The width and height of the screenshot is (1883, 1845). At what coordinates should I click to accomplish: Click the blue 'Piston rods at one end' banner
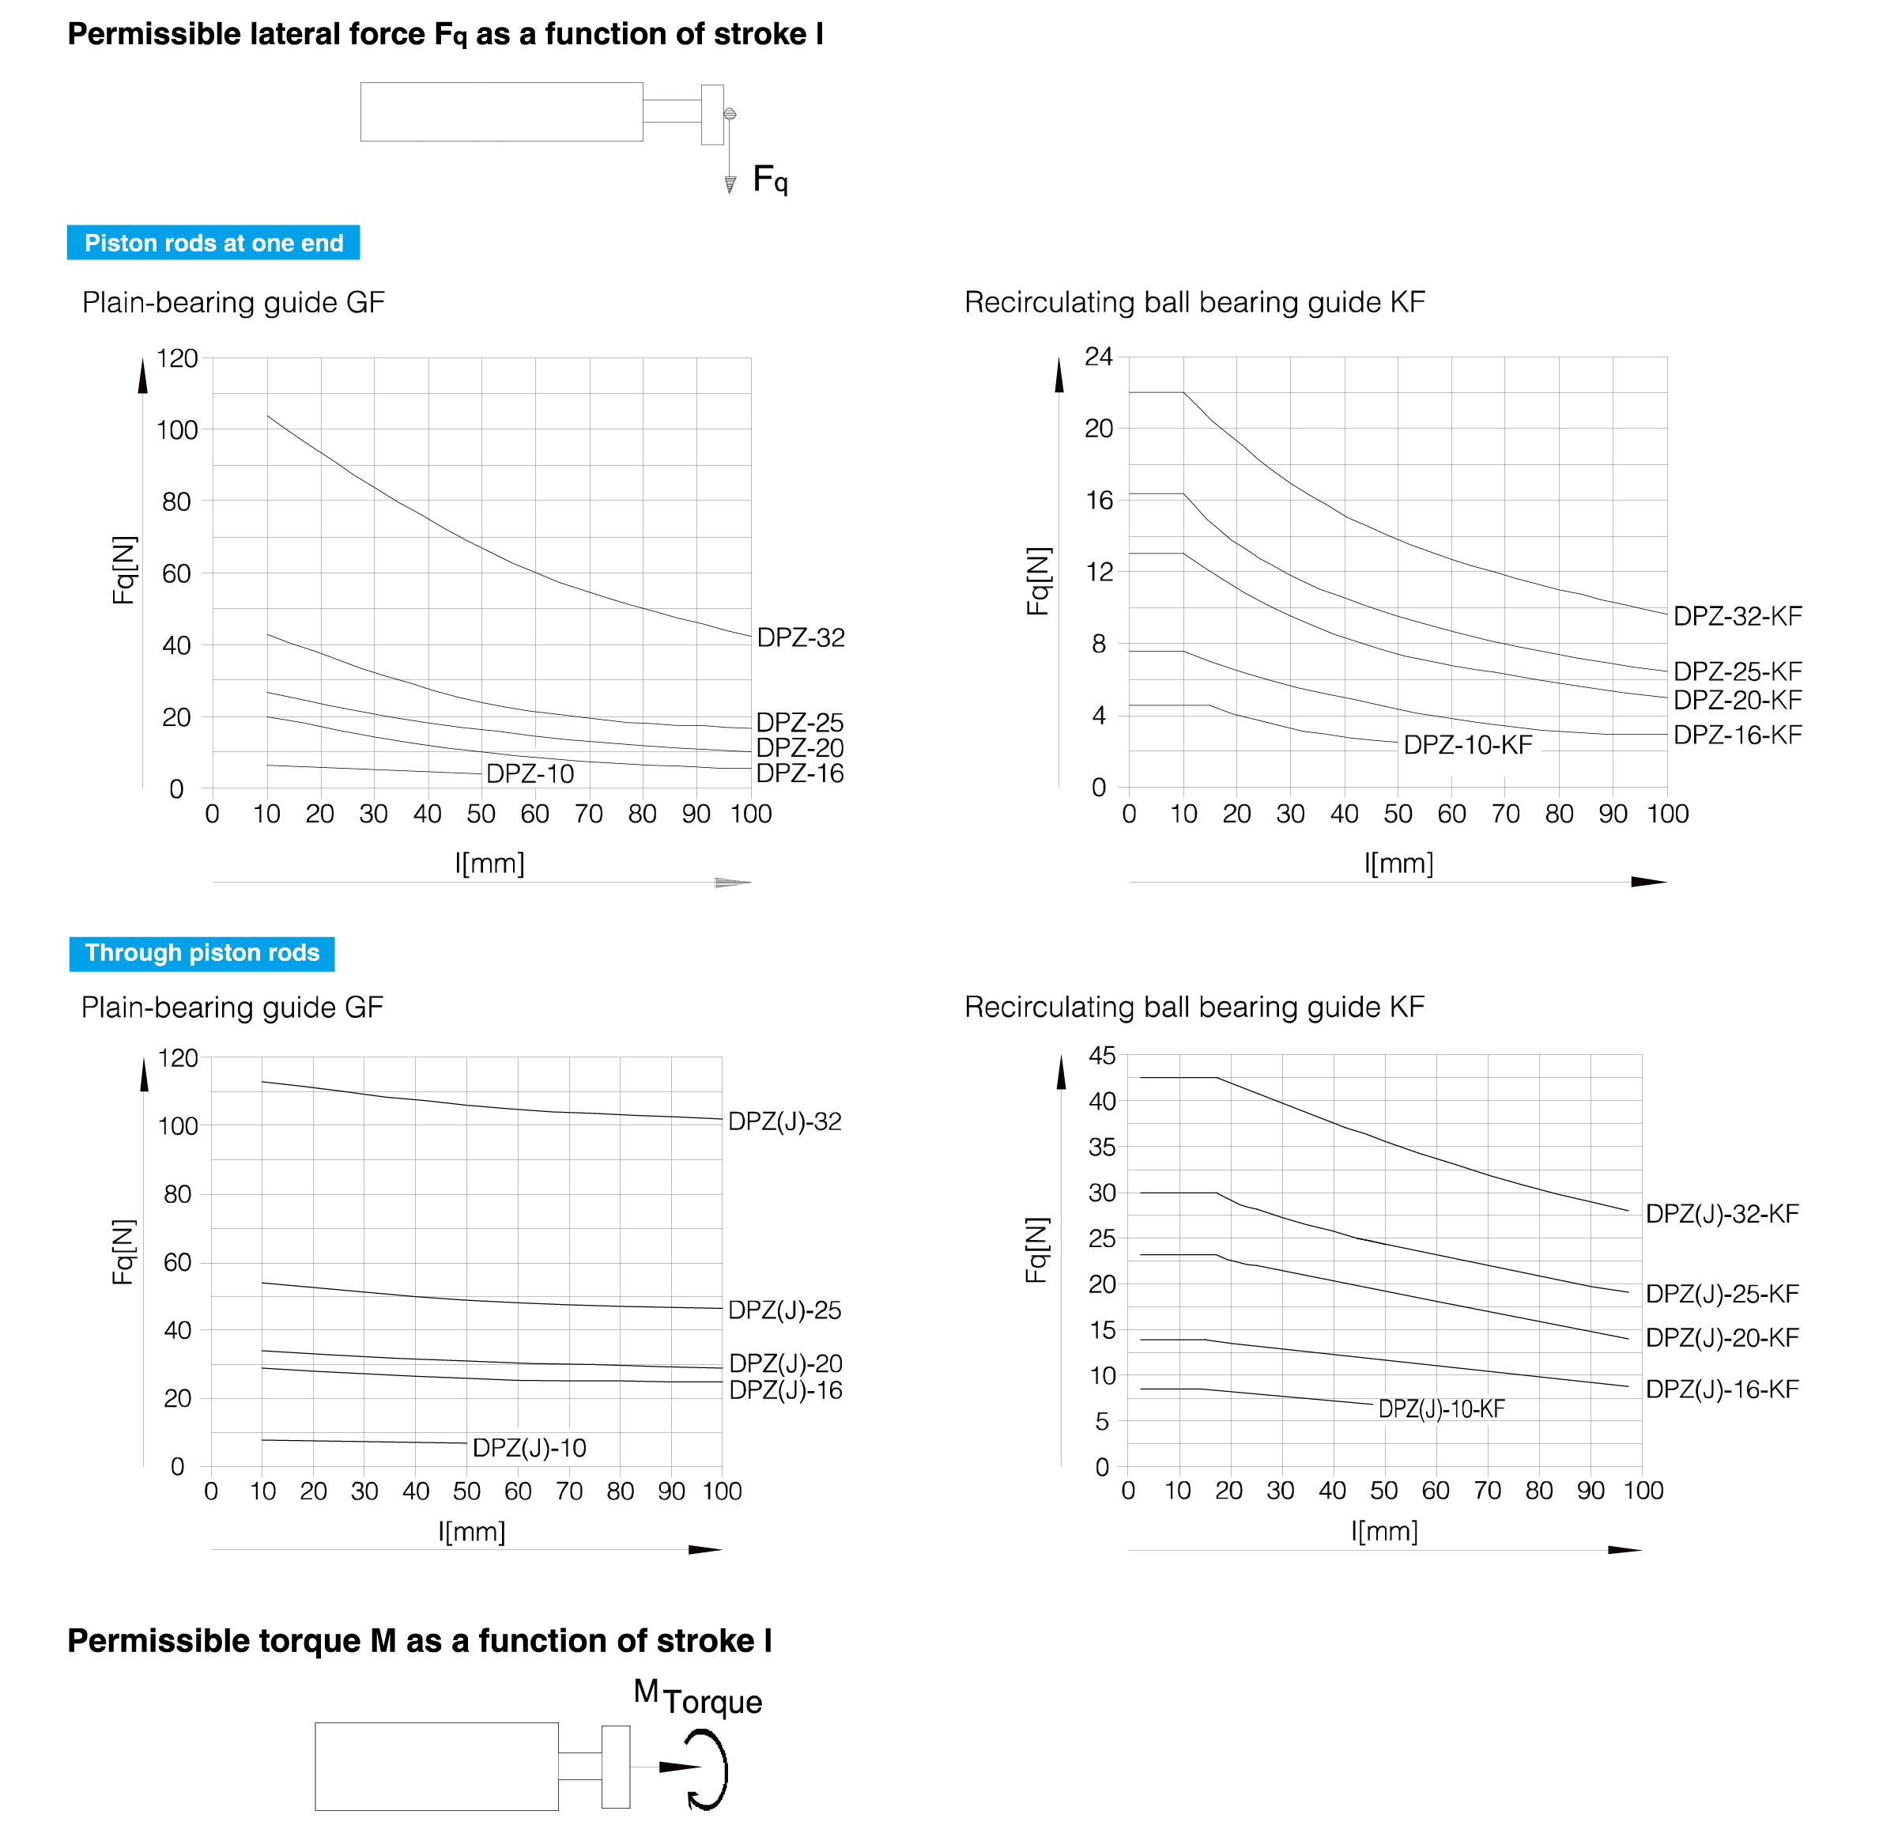[x=213, y=242]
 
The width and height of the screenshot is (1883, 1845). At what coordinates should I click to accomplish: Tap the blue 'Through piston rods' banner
[x=202, y=954]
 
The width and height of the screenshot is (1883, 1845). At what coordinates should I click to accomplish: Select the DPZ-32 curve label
[x=800, y=637]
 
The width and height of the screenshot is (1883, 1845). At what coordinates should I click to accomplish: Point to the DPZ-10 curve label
[x=530, y=773]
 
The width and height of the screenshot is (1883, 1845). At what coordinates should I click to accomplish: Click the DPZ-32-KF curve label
[x=1738, y=616]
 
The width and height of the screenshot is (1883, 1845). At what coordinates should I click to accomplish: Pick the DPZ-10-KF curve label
[x=1467, y=745]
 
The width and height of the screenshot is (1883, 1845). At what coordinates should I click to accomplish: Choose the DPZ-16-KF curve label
[x=1738, y=735]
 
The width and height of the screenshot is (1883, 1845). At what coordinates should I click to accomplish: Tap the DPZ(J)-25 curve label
[x=784, y=1310]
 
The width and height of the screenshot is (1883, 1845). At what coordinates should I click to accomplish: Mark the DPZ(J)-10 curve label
[x=529, y=1448]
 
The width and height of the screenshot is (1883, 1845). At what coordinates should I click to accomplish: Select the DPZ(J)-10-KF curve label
[x=1441, y=1409]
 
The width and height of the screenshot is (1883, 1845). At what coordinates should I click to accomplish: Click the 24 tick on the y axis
[x=1099, y=357]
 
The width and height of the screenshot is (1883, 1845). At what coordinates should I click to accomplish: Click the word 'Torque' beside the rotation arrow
[x=712, y=1703]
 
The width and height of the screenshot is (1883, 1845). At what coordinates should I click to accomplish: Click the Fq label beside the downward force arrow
[x=770, y=180]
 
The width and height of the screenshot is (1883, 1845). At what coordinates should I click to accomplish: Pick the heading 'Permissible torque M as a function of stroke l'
[x=420, y=1640]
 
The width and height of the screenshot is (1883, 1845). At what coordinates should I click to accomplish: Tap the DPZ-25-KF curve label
[x=1738, y=671]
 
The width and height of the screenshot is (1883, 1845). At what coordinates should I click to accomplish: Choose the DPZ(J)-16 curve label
[x=786, y=1390]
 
